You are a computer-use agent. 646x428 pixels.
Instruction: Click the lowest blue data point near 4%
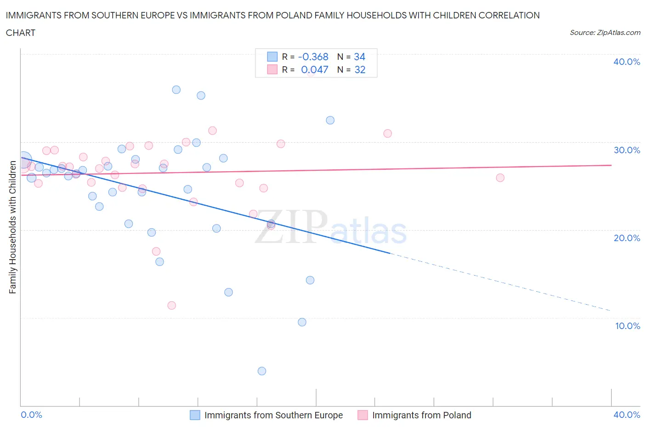click(x=262, y=371)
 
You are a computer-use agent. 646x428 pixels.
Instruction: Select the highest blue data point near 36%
click(x=176, y=90)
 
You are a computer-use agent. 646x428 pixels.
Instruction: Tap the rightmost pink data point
click(x=500, y=178)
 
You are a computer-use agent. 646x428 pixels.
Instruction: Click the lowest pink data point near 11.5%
click(x=172, y=306)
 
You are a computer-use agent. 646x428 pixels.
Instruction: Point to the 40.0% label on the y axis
click(x=627, y=62)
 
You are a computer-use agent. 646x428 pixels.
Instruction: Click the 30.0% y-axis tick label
click(x=627, y=150)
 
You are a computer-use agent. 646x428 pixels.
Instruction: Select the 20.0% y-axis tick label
click(x=627, y=238)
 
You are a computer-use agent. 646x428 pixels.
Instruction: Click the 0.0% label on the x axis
click(x=31, y=415)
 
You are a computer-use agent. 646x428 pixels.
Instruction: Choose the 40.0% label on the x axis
click(x=627, y=415)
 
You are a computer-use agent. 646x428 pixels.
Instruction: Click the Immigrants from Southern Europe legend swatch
click(x=195, y=415)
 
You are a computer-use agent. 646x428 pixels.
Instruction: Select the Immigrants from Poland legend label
click(x=421, y=415)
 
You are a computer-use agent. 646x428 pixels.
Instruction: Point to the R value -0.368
click(x=313, y=57)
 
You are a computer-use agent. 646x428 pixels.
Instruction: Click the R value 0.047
click(x=315, y=69)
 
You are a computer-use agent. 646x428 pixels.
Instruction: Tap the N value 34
click(x=359, y=57)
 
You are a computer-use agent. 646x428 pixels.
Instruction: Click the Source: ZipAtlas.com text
click(x=605, y=32)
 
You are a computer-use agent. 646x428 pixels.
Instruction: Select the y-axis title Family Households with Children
click(x=12, y=227)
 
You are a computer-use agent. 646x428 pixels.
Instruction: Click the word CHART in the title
click(x=21, y=33)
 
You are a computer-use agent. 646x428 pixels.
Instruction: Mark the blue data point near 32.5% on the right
click(x=330, y=120)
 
